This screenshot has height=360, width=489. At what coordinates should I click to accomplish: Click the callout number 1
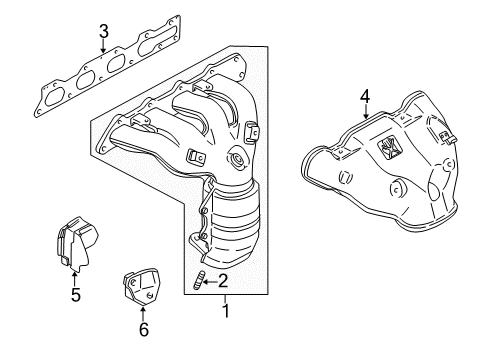tap(224, 310)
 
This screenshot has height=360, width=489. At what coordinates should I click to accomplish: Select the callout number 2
tap(225, 281)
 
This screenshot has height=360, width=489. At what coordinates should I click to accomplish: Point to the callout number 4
tap(365, 97)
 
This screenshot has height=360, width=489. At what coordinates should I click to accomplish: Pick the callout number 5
tap(75, 295)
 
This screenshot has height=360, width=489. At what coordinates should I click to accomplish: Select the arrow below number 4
tap(365, 112)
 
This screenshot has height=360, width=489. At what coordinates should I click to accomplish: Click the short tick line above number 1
tap(224, 298)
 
